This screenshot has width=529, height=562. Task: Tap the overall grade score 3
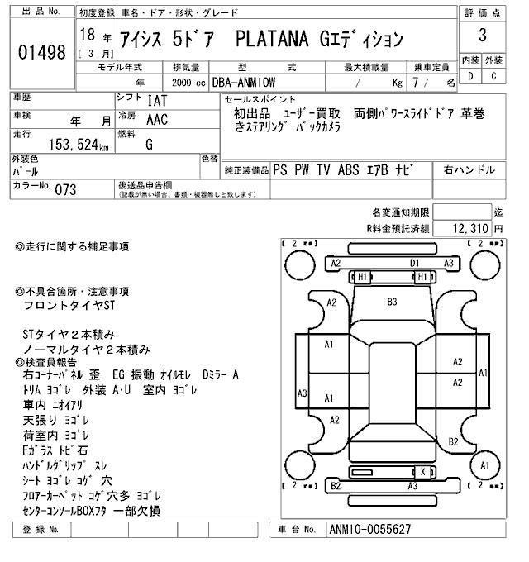click(482, 36)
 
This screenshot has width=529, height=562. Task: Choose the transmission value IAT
click(157, 99)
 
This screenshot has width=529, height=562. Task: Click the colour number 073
click(65, 190)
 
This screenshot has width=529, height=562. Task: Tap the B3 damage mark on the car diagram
click(392, 302)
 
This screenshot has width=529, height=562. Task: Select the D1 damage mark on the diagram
click(415, 263)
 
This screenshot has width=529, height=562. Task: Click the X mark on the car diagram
click(423, 471)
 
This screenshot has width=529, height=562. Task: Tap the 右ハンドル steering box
click(469, 170)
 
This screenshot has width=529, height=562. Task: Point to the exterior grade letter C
click(493, 76)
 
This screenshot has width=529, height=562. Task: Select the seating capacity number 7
click(426, 83)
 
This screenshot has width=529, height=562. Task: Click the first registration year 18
click(88, 36)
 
